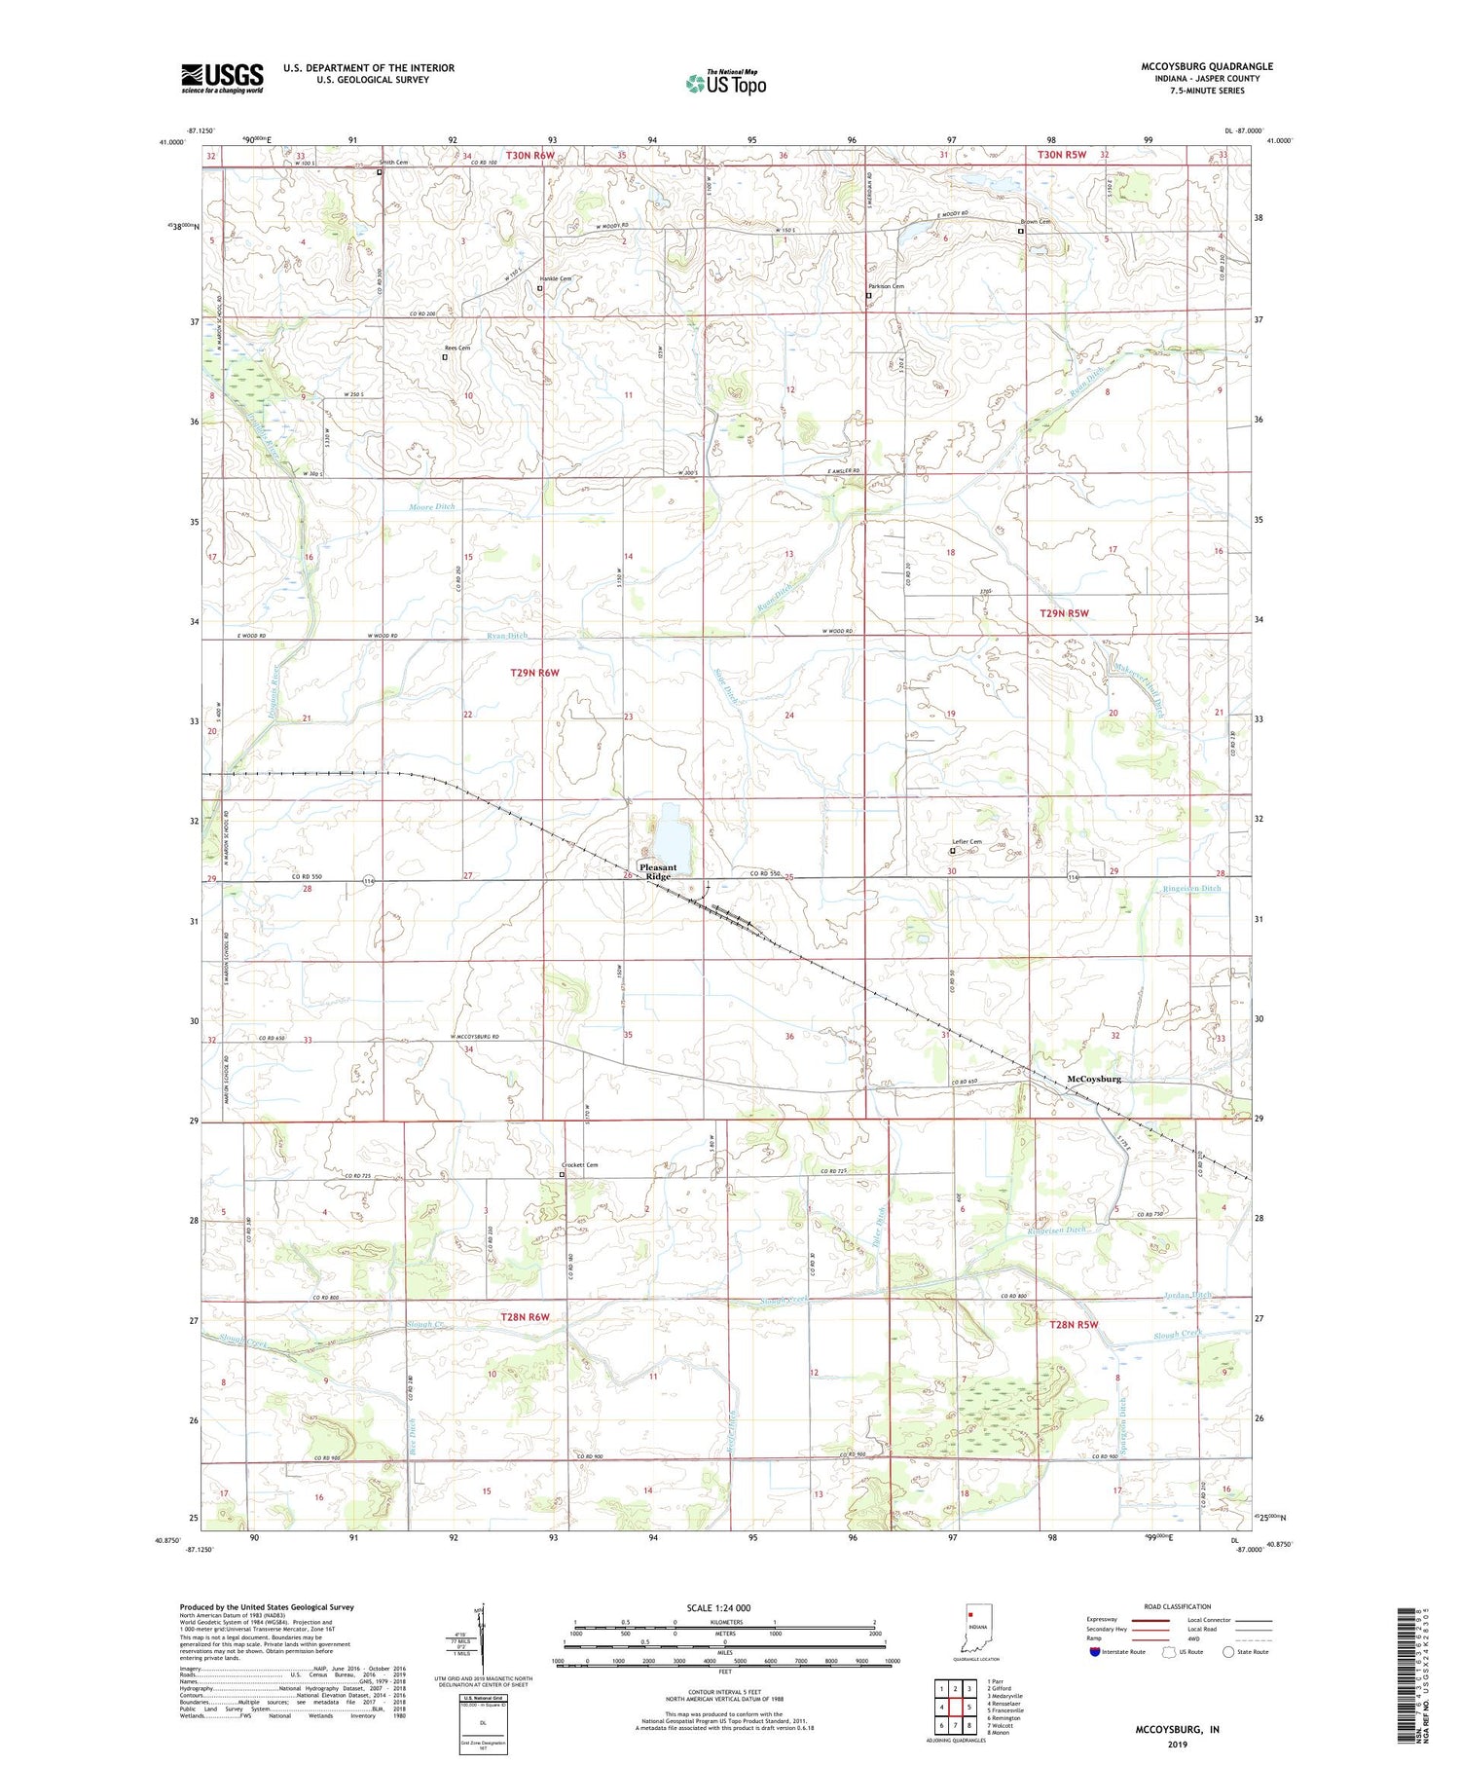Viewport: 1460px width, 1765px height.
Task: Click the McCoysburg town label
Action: (1094, 1079)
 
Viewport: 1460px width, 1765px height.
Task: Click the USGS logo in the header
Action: (222, 78)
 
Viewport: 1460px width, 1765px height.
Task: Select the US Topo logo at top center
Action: (725, 83)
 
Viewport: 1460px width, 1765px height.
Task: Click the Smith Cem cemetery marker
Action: (380, 171)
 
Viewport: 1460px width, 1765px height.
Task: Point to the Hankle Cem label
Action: (556, 278)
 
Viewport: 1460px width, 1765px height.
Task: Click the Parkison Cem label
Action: (886, 286)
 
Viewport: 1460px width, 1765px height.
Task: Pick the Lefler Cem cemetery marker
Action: (953, 851)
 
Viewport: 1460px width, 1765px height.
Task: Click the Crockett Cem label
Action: (580, 1165)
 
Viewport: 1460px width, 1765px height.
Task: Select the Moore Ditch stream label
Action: (431, 507)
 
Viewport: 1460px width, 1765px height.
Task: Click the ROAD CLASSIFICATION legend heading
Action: (1178, 1606)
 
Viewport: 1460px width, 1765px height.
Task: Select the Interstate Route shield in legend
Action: (1095, 1652)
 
